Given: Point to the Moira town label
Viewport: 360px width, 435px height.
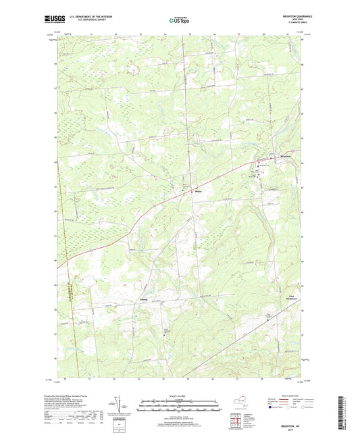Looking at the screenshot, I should [x=198, y=190].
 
